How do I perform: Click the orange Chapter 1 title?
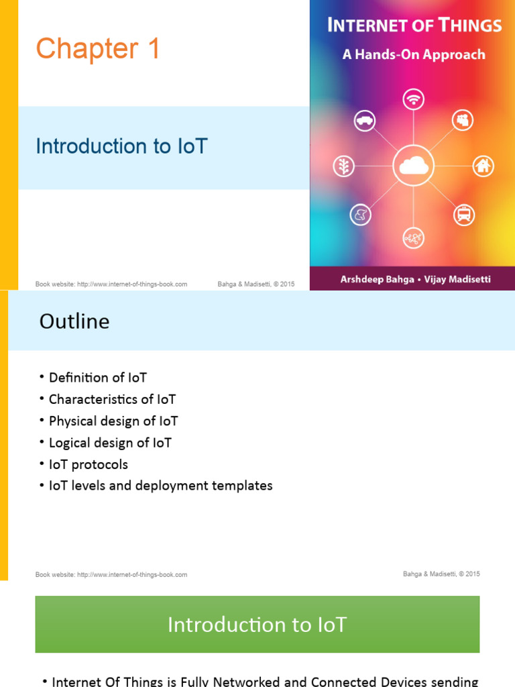[98, 49]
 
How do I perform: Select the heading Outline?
[74, 322]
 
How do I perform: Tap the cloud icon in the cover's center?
[414, 165]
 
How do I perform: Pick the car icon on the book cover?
[365, 121]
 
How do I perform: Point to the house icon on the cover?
[483, 166]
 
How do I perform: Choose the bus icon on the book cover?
[464, 215]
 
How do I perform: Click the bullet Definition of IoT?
[98, 378]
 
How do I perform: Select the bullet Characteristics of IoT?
[112, 399]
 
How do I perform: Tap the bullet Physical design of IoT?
[113, 421]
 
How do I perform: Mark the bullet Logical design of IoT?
[110, 443]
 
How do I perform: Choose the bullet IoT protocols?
[89, 464]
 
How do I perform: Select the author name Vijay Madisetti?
[458, 279]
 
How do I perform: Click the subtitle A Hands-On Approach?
[414, 55]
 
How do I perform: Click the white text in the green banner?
[257, 625]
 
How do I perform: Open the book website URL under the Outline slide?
[132, 575]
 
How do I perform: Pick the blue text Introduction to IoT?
[121, 146]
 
